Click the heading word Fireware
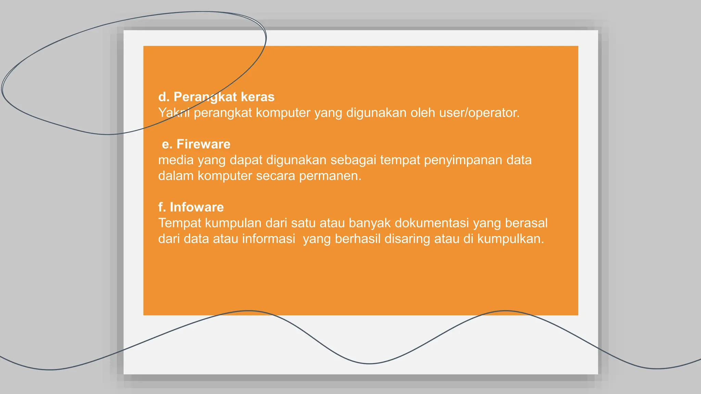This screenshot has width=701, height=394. tap(203, 144)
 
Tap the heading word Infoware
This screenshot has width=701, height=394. tap(197, 207)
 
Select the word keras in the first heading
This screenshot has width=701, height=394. tap(257, 97)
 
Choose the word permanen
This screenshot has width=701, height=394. tap(330, 176)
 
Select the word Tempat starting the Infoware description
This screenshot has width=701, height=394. tap(180, 223)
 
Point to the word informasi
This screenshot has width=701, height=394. tap(268, 239)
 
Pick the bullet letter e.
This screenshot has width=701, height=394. tap(166, 144)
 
